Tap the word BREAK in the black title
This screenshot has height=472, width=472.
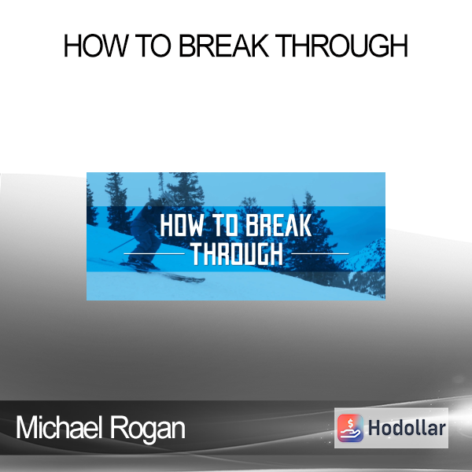[224, 46]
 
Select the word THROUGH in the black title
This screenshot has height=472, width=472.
[342, 46]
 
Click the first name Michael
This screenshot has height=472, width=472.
[57, 427]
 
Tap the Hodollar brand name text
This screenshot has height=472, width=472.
[407, 428]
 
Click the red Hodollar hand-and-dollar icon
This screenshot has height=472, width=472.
[350, 428]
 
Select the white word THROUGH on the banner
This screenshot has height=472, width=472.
[238, 253]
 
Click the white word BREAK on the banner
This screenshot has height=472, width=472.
[279, 226]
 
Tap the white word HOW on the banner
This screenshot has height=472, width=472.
[182, 226]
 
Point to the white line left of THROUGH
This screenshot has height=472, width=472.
[154, 254]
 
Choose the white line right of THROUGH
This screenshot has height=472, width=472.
[320, 254]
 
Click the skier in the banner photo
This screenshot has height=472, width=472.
[145, 234]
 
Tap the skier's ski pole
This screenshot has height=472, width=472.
[122, 245]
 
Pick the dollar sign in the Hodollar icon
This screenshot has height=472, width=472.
[350, 423]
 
